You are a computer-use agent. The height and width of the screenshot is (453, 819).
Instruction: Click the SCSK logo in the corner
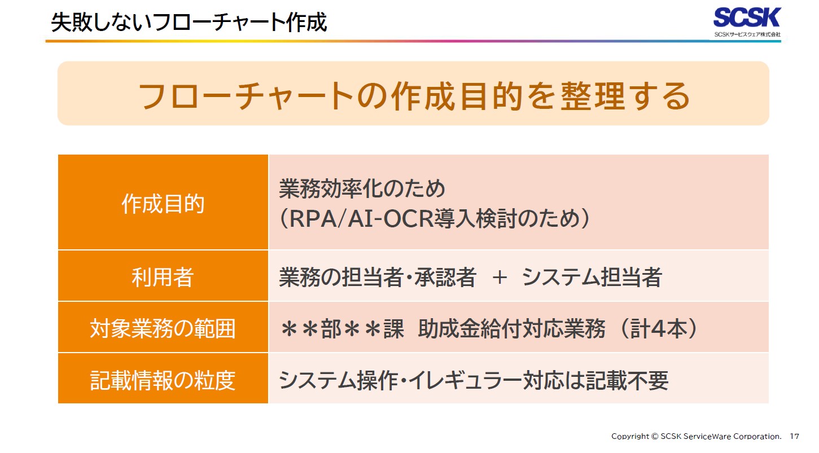(746, 18)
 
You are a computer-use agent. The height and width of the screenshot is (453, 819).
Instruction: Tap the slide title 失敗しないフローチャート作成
(189, 23)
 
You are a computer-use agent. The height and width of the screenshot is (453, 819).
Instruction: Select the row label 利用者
(163, 277)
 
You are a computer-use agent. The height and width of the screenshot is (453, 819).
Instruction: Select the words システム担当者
(592, 278)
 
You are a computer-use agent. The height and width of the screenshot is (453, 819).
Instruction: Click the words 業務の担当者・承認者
(378, 278)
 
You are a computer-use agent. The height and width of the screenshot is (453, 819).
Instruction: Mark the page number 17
(794, 436)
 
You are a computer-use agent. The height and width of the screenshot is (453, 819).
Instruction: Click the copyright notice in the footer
(696, 436)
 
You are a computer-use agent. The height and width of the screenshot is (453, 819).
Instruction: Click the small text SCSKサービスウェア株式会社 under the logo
(747, 34)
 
